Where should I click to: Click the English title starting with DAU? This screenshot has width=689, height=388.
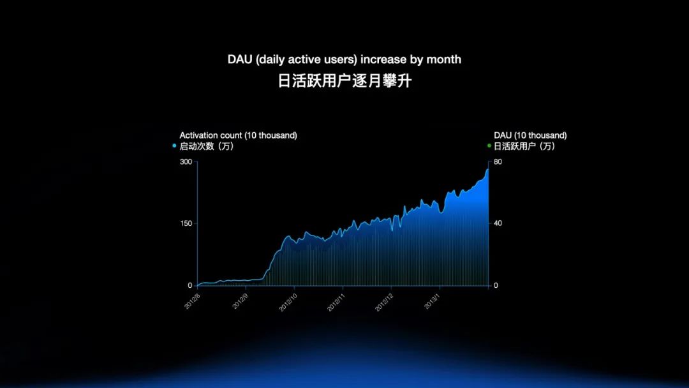pos(344,59)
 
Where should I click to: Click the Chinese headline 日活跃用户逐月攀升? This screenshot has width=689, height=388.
pos(344,82)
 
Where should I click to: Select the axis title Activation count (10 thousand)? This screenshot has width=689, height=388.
pos(238,135)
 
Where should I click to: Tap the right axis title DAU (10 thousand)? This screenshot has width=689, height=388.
pos(530,135)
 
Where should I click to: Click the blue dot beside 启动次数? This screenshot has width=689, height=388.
pos(174,146)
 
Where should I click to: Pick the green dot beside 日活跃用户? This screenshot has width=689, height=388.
pos(489,146)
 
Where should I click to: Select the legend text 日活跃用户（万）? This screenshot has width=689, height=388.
pos(524,146)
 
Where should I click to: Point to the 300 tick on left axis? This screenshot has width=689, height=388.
pos(186,162)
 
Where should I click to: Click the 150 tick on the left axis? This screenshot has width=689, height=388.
pos(186,223)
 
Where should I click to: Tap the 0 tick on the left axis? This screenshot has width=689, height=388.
pos(189,285)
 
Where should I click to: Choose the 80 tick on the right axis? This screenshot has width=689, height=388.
pos(498,162)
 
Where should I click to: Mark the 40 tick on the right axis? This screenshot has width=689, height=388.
pos(498,223)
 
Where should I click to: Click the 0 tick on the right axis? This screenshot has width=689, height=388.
pos(496,285)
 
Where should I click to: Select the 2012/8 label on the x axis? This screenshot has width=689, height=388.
pos(192,300)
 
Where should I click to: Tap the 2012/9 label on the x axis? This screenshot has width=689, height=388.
pos(241,300)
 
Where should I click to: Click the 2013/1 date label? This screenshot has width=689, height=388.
pos(433,300)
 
